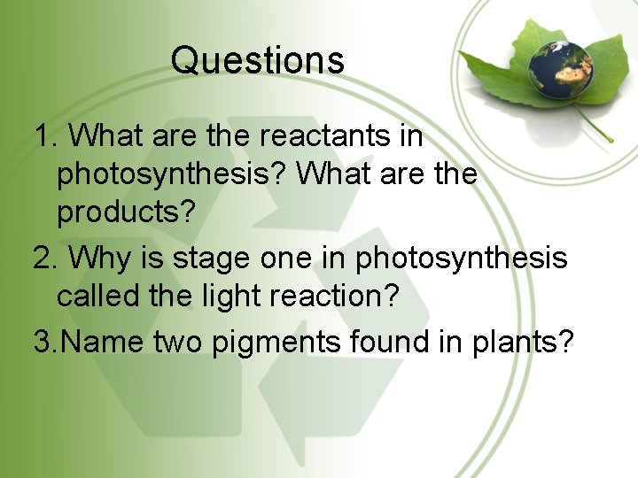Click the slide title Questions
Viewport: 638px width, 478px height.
pyautogui.click(x=257, y=60)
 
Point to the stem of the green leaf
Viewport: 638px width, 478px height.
pyautogui.click(x=597, y=129)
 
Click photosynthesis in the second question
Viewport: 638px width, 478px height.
pyautogui.click(x=461, y=258)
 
